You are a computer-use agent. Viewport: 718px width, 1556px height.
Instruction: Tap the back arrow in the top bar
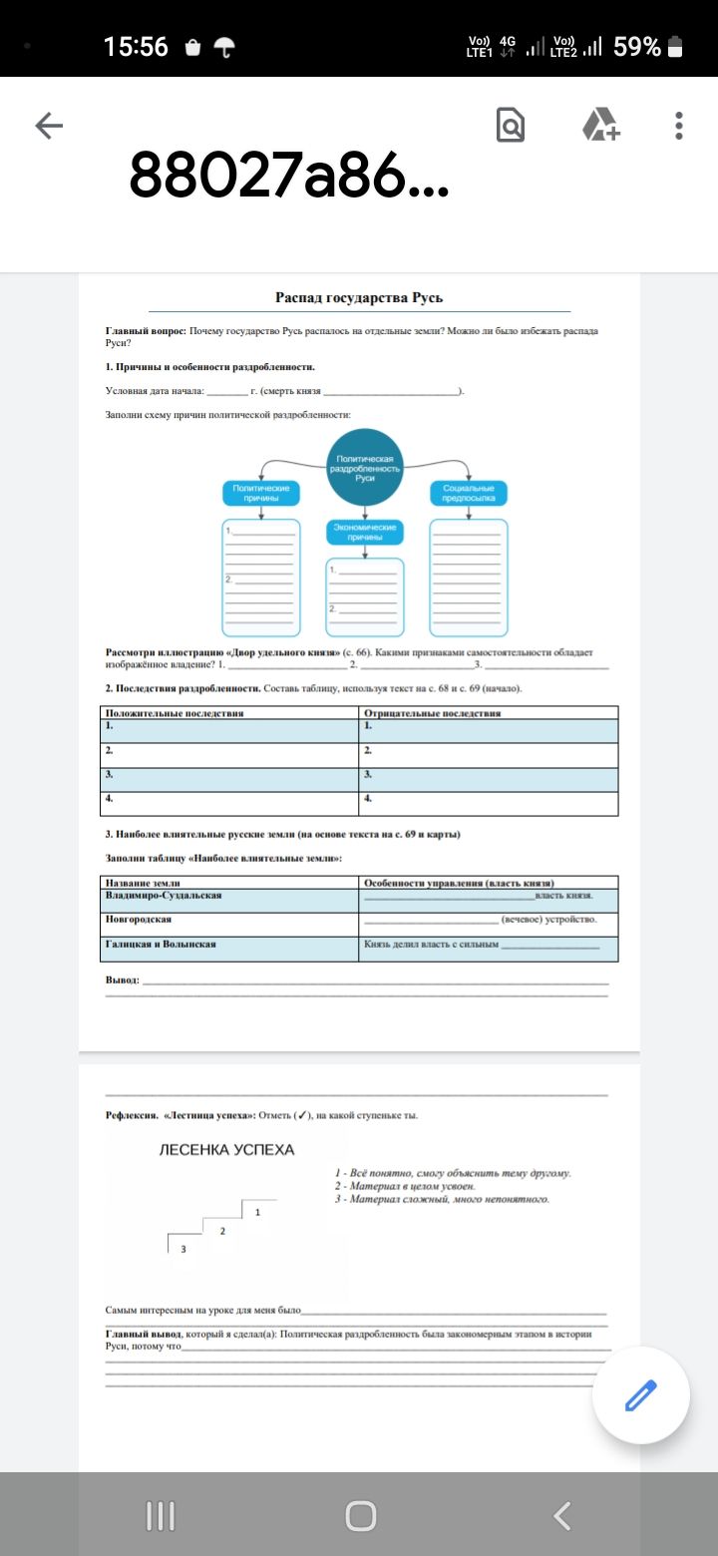point(49,125)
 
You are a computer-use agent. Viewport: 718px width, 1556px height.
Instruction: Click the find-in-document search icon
point(510,126)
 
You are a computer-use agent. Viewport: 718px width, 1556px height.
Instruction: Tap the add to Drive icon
point(600,126)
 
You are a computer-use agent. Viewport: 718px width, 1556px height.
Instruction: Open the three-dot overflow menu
point(679,126)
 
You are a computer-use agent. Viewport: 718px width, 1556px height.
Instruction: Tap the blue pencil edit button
point(640,1395)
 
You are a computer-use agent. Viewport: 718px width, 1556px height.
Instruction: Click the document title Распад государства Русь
point(359,297)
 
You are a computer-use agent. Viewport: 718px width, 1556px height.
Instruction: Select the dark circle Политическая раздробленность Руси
point(365,467)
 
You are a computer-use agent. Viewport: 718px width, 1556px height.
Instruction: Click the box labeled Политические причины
point(261,494)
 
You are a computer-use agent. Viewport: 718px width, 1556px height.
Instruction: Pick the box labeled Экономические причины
point(365,531)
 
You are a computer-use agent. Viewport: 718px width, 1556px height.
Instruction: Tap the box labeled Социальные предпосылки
point(469,494)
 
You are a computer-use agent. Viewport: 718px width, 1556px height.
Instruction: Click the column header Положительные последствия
point(175,712)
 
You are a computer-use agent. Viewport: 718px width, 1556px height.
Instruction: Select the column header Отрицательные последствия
point(432,712)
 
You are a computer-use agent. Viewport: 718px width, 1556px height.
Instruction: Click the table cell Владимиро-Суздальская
point(164,895)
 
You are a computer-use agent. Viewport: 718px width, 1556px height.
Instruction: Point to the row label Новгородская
point(139,919)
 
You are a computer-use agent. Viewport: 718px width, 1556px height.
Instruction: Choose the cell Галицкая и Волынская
point(161,943)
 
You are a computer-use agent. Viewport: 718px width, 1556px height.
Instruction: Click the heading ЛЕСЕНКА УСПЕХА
point(227,1150)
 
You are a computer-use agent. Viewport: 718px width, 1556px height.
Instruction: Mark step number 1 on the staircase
point(257,1212)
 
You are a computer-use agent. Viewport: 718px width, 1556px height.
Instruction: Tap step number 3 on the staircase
point(182,1248)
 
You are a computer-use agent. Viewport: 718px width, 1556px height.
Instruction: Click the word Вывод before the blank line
point(122,980)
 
